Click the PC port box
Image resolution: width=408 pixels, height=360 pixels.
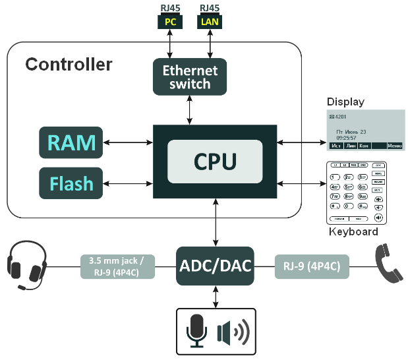[x=170, y=22]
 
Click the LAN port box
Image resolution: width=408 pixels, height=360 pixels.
[x=210, y=22]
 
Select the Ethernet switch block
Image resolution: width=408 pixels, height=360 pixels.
[x=190, y=76]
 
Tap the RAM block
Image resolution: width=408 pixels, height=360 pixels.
[x=71, y=142]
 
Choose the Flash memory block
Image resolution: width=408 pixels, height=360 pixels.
[x=71, y=183]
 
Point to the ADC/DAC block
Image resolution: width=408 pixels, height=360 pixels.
[x=216, y=266]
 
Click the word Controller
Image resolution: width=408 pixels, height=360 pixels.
[x=69, y=65]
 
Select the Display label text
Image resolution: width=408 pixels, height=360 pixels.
[x=345, y=102]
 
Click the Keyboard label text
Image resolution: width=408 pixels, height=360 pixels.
[x=353, y=232]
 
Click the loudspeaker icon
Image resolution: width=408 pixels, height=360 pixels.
[x=233, y=332]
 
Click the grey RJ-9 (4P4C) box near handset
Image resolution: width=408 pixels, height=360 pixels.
[x=312, y=266]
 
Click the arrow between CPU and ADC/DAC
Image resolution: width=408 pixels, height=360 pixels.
[x=216, y=223]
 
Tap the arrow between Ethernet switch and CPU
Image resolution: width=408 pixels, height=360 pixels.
[x=190, y=109]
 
